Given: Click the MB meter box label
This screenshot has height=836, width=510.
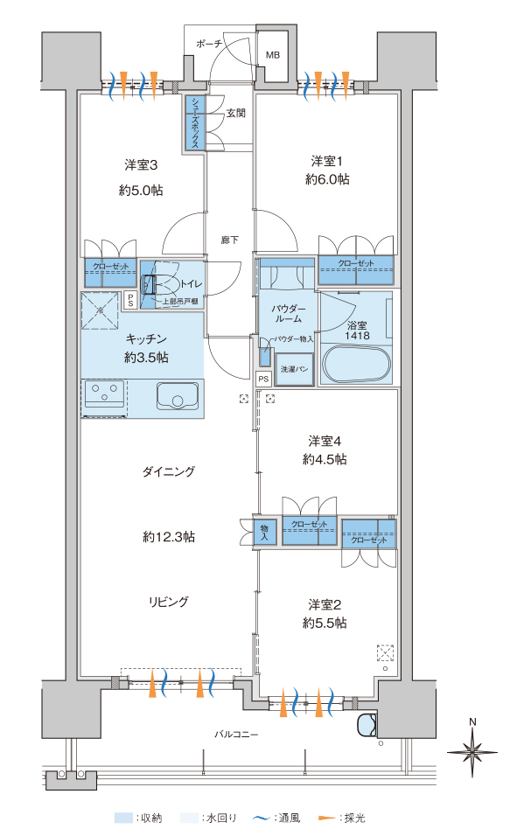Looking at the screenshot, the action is [273, 55].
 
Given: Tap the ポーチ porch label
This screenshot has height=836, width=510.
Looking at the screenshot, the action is [208, 44].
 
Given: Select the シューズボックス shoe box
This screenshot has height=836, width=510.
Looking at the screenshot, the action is [194, 122].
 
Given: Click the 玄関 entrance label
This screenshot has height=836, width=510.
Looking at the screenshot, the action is [236, 113].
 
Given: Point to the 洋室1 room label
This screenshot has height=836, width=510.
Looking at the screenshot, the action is [327, 161].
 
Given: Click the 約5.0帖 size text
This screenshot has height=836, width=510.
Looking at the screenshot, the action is [141, 191].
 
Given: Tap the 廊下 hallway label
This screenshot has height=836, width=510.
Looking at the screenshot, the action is [230, 240].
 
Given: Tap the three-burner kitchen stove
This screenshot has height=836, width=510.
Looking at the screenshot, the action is [105, 394].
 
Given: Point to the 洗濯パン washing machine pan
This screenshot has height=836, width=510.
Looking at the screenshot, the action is [295, 369].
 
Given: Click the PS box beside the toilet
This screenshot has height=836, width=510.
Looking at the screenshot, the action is [130, 300].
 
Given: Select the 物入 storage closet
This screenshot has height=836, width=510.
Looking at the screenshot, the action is [264, 531].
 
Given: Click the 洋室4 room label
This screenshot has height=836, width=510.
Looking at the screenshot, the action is [325, 441].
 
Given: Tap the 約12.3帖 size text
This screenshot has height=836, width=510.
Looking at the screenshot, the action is [169, 537].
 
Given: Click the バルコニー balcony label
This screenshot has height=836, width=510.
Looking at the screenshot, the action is [236, 735].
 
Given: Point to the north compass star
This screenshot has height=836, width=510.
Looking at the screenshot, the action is [472, 752].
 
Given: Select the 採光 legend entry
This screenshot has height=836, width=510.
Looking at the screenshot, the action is [342, 818].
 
